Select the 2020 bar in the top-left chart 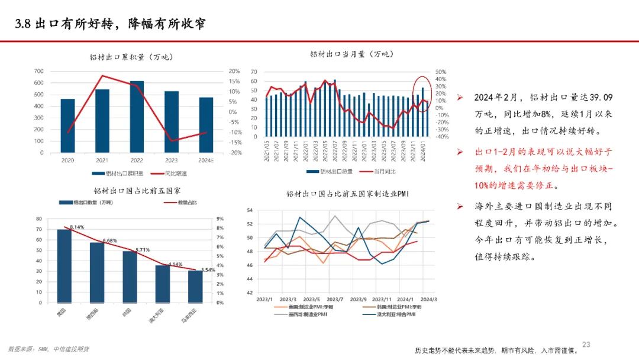pyautogui.click(x=67, y=126)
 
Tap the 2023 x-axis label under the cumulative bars pyautogui.click(x=172, y=160)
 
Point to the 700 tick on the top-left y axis pyautogui.click(x=38, y=71)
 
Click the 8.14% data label pyautogui.click(x=77, y=227)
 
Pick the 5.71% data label pyautogui.click(x=143, y=250)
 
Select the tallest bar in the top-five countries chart pyautogui.click(x=64, y=266)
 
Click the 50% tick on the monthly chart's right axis pyautogui.click(x=440, y=72)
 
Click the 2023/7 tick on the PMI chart pyautogui.click(x=335, y=300)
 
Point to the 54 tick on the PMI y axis pyautogui.click(x=250, y=210)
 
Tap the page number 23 pyautogui.click(x=586, y=345)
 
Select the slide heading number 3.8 pyautogui.click(x=23, y=24)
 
